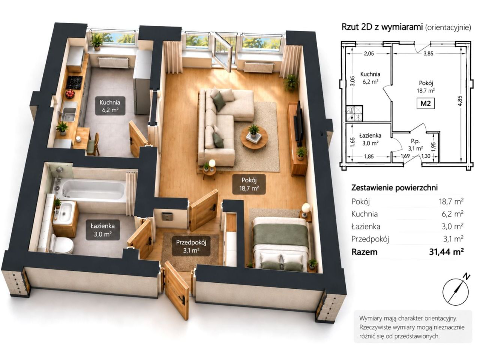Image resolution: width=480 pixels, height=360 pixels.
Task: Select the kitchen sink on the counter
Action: [69, 114]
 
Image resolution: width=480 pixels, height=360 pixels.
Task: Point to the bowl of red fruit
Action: [70, 94]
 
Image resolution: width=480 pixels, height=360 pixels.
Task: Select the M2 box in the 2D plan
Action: [425, 103]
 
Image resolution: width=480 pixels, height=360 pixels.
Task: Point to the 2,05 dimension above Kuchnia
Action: [369, 54]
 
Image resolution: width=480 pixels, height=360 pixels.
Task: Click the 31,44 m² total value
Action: [446, 252]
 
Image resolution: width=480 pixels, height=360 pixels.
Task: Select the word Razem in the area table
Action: [364, 252]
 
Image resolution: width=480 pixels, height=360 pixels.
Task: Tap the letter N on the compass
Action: [466, 283]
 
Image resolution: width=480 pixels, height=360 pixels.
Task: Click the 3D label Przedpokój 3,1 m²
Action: [191, 246]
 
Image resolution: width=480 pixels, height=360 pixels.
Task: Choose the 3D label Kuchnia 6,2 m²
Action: [110, 106]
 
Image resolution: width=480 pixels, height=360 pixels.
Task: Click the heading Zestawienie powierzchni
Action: [394, 187]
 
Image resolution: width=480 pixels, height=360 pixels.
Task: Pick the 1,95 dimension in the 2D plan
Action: [434, 147]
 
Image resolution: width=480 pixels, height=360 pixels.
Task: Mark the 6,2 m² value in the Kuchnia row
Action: [452, 214]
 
